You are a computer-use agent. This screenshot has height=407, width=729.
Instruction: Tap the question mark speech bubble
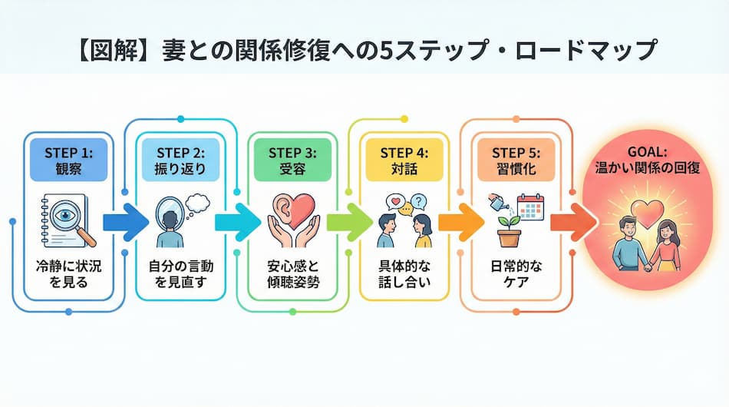pyautogui.click(x=418, y=203)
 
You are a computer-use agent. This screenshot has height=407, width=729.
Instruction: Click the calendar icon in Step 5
pyautogui.click(x=531, y=208)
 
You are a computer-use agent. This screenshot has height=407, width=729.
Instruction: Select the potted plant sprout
pyautogui.click(x=505, y=228)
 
